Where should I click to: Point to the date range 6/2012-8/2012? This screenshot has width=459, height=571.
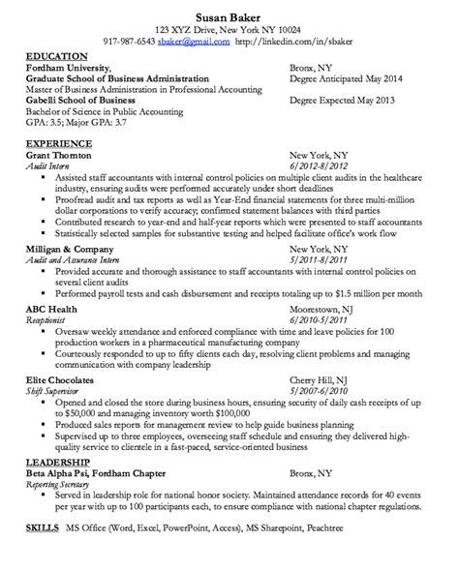(319, 166)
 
